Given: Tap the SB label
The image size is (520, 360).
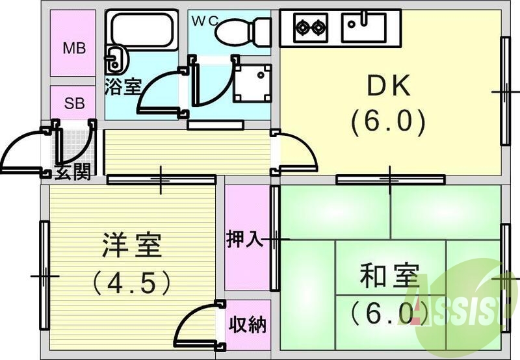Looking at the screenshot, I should [73, 103].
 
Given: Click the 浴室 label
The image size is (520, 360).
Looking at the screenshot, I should [123, 87].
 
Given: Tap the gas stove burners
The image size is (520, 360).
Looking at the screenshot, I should [311, 27].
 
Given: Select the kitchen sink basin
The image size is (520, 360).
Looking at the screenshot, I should [364, 27].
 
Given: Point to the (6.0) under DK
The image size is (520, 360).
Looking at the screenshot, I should [388, 122].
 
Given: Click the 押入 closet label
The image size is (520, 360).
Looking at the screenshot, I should [244, 239].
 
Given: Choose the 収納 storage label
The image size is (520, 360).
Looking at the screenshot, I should [247, 324].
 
